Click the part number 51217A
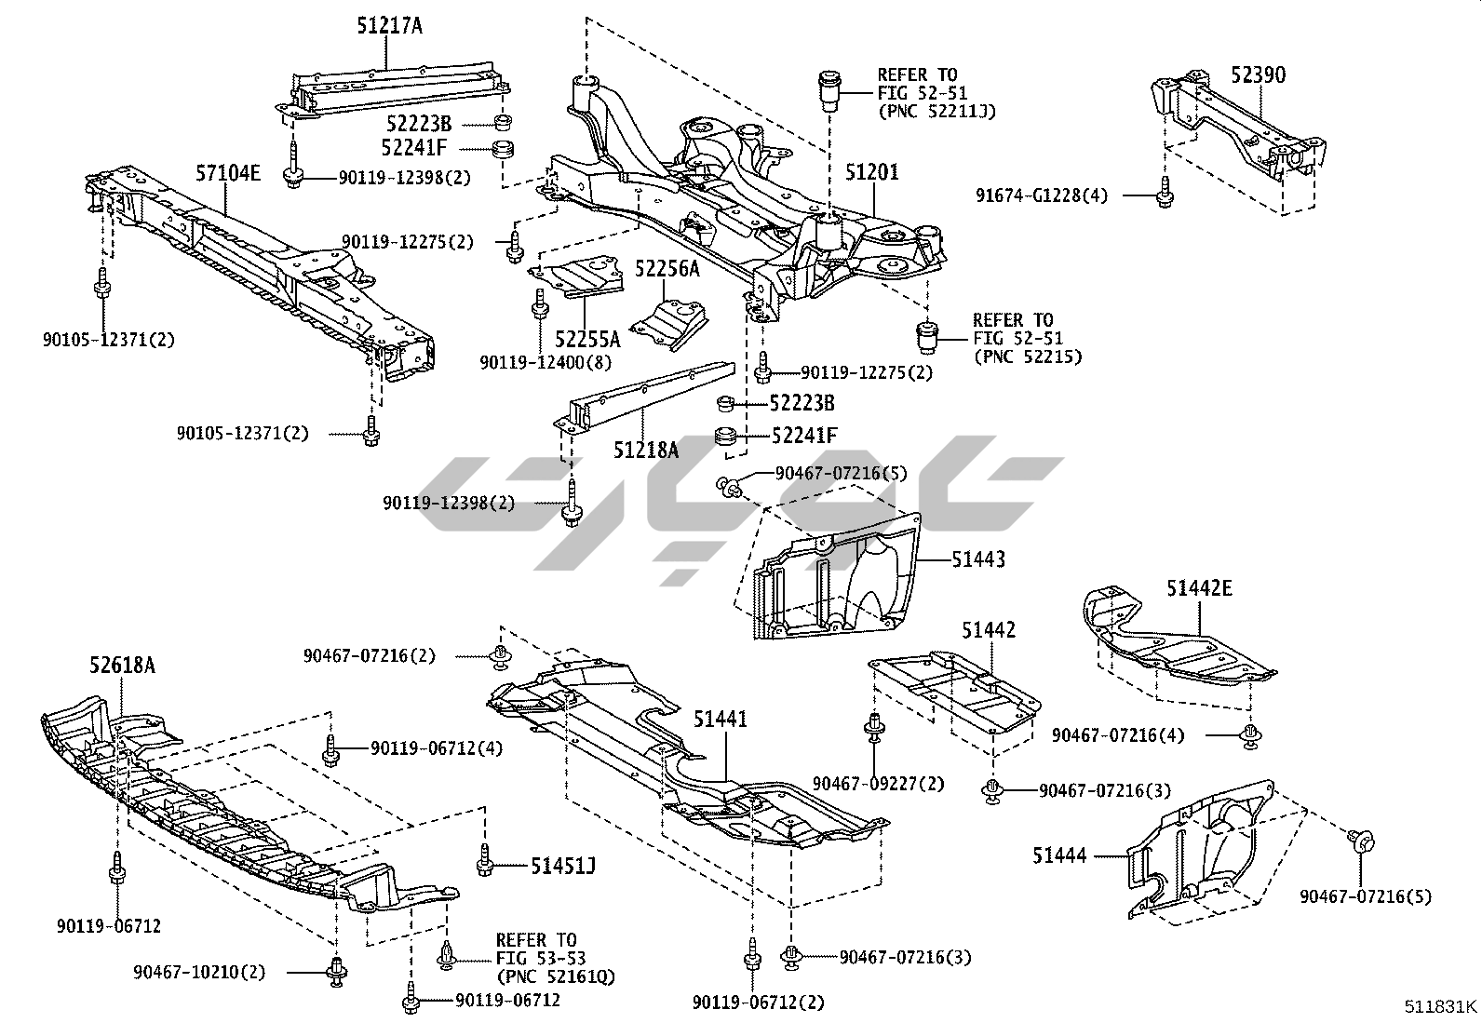click(389, 26)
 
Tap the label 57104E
click(228, 171)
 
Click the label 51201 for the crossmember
click(872, 172)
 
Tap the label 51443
click(978, 559)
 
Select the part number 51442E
click(1200, 587)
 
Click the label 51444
click(1059, 855)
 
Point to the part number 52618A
click(122, 665)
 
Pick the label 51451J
click(563, 867)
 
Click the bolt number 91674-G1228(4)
click(1042, 195)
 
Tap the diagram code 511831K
click(1440, 1006)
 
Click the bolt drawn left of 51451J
click(484, 861)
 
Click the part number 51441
click(721, 719)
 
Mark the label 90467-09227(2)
click(878, 784)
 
